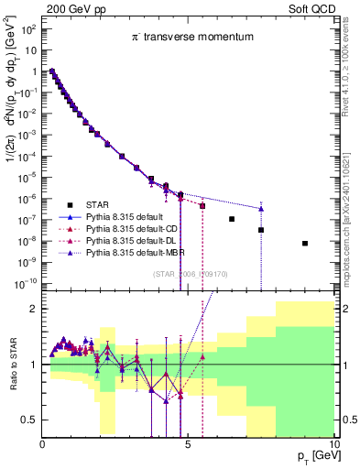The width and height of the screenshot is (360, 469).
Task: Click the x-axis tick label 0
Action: tap(43, 445)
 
